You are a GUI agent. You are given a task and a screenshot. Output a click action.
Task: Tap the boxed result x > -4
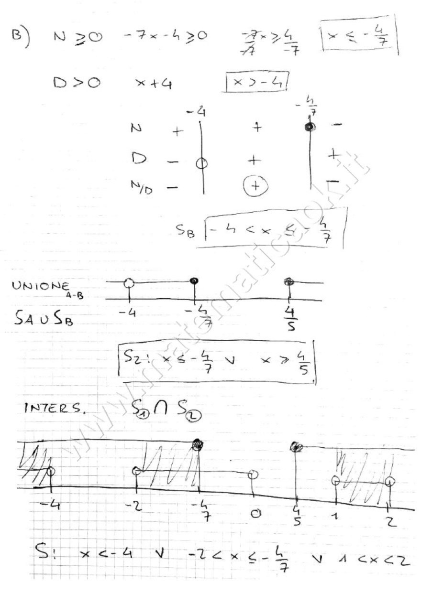click(x=257, y=83)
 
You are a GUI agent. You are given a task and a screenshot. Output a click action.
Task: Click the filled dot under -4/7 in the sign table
click(x=310, y=127)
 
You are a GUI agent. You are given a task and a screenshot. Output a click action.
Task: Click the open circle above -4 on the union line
click(x=128, y=283)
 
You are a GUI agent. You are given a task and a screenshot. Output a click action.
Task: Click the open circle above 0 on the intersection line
click(x=254, y=475)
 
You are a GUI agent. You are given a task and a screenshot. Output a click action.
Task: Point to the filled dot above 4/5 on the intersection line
click(x=297, y=447)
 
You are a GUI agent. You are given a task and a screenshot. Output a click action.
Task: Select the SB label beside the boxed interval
click(x=186, y=232)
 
